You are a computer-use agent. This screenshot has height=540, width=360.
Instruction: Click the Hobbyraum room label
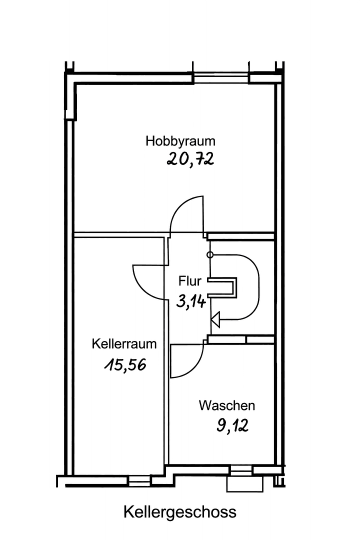[x=180, y=141]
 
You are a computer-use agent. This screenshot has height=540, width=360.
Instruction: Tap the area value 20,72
[x=190, y=159]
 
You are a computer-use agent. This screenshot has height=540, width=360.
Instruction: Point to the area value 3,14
[x=191, y=301]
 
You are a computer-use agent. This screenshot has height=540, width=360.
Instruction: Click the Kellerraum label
[x=124, y=344]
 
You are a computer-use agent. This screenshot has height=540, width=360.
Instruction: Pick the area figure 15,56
[x=125, y=365]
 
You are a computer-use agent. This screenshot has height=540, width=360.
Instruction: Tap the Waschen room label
[x=227, y=405]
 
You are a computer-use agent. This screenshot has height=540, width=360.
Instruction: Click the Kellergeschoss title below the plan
[x=180, y=512]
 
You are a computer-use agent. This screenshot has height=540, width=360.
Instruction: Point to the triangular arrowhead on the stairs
[x=215, y=318]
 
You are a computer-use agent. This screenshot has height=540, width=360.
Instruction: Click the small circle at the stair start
[x=210, y=255]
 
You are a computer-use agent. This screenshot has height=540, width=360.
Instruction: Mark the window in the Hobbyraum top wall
[x=221, y=78]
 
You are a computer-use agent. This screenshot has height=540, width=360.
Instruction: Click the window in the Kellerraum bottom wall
[x=139, y=480]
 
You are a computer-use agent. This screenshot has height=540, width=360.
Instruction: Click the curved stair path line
[x=257, y=285]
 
